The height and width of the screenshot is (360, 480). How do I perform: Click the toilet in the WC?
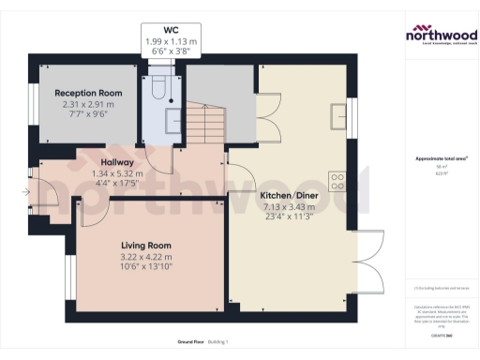coord(159,87)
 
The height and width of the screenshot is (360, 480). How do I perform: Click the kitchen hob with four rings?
coord(337,181)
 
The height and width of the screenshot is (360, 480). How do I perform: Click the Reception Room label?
coord(90,94)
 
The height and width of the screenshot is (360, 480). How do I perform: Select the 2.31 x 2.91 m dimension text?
coord(90,105)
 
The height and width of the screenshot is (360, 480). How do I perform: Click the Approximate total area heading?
coord(440,158)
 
